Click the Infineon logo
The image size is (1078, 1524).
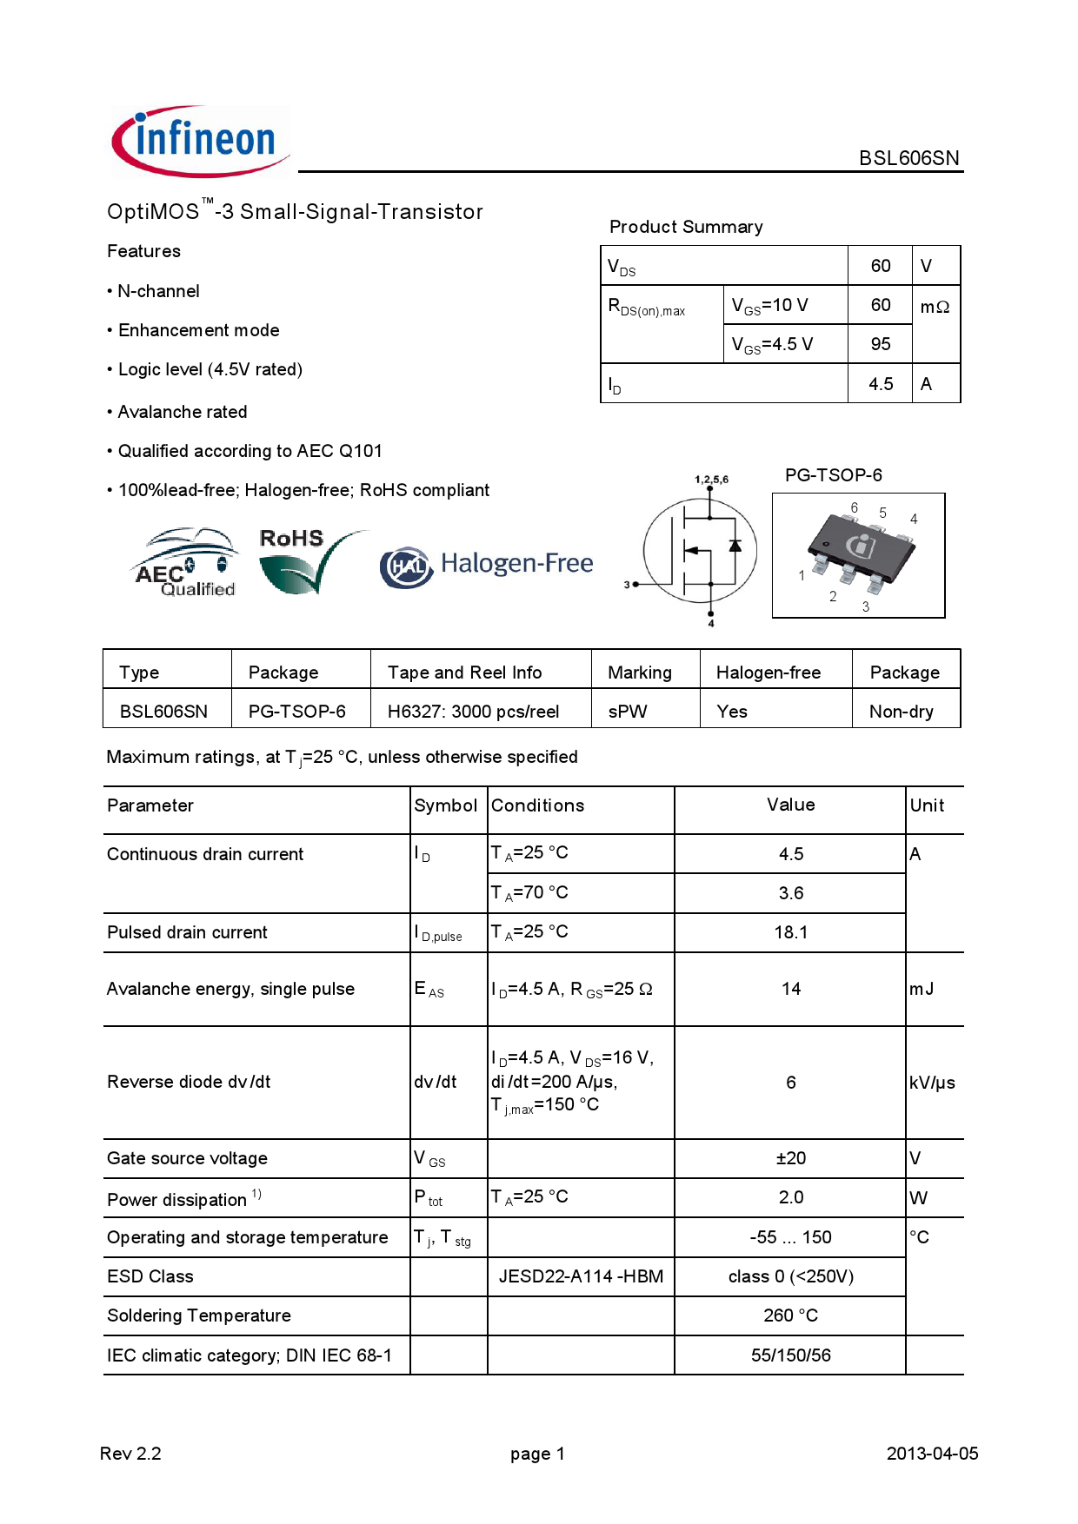click(x=200, y=141)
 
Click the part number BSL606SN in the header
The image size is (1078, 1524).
click(x=908, y=158)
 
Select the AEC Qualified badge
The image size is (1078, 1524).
click(x=185, y=562)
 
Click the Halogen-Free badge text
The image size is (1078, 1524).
click(x=516, y=564)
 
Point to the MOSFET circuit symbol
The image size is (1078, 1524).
click(x=700, y=551)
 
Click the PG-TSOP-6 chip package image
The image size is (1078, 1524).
click(x=858, y=555)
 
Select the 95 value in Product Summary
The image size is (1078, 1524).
click(x=880, y=344)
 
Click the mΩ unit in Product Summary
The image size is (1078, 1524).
click(x=935, y=307)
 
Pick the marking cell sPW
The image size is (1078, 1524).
click(x=628, y=712)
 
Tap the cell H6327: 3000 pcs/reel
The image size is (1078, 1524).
click(x=473, y=712)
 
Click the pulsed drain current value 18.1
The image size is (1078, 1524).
click(x=790, y=932)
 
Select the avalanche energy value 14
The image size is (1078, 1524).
click(x=790, y=989)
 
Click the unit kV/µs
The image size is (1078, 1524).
click(x=932, y=1083)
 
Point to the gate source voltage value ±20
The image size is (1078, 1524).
click(x=790, y=1158)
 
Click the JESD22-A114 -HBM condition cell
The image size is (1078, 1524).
click(x=580, y=1276)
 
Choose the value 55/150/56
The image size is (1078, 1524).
click(x=790, y=1355)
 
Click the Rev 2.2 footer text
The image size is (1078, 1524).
click(x=130, y=1454)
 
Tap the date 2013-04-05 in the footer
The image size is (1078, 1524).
click(x=931, y=1454)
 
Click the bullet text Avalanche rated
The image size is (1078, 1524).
click(x=183, y=412)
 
